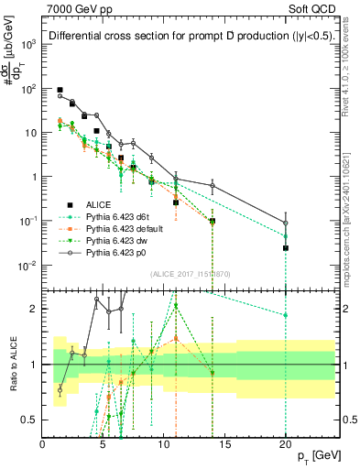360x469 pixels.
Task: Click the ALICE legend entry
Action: [95, 205]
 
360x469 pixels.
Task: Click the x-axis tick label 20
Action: [286, 445]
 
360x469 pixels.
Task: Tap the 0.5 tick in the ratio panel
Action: [31, 420]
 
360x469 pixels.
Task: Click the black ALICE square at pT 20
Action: [286, 247]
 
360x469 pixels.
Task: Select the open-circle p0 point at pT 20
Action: [286, 223]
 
